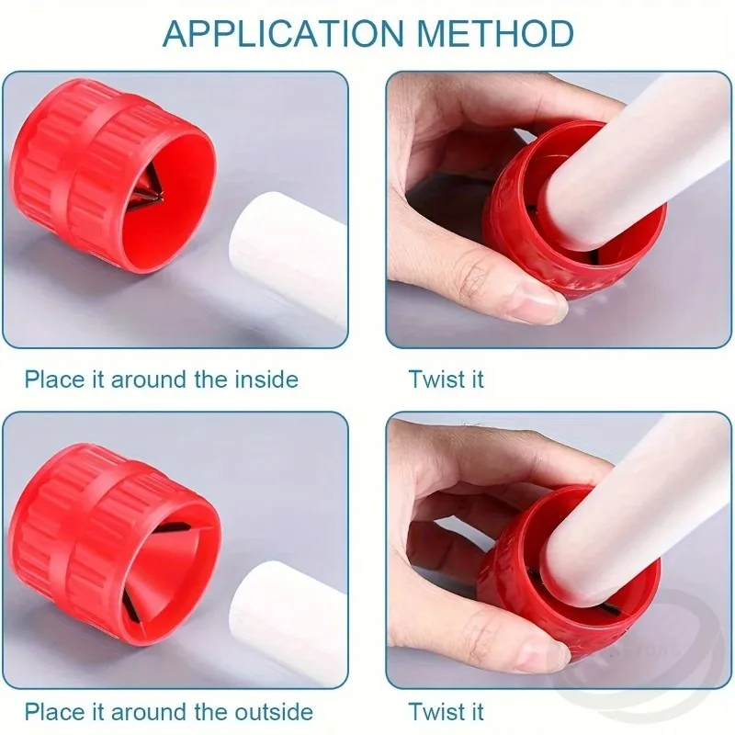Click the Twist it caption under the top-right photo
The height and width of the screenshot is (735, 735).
[447, 379]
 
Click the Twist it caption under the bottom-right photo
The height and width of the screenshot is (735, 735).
[447, 711]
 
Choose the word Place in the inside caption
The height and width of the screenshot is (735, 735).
[51, 379]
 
